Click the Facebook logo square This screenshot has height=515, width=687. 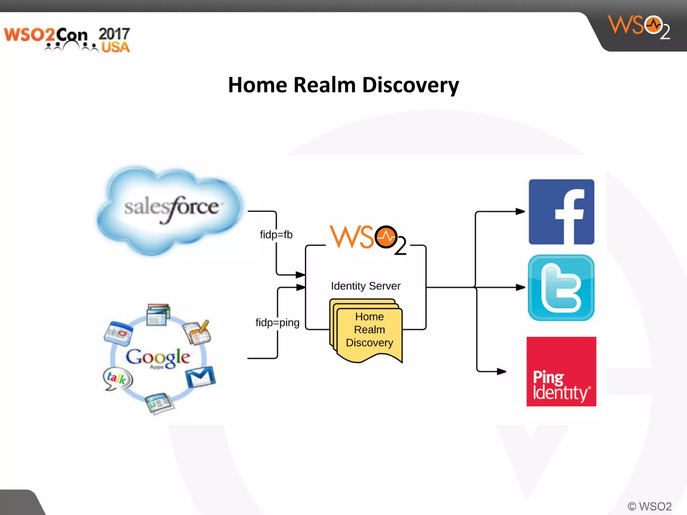pos(561,212)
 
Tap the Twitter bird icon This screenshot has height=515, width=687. pos(561,288)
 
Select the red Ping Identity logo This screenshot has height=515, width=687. pos(561,371)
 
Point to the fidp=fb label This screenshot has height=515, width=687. pos(276,235)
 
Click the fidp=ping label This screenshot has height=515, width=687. pos(277,323)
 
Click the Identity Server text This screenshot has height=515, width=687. pos(366,286)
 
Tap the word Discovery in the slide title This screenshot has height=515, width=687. pos(410,85)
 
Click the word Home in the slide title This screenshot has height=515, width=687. pos(257,85)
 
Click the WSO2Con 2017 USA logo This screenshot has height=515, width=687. pos(67,40)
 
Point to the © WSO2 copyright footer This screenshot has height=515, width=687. pos(649,506)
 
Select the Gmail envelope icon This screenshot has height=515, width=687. pos(201,377)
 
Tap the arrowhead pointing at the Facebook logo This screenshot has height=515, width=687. pos(520,212)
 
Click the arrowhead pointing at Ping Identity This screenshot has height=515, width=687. pos(501,371)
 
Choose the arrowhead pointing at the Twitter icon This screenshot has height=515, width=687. pos(520,287)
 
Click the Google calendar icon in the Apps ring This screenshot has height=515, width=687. pos(118,333)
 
